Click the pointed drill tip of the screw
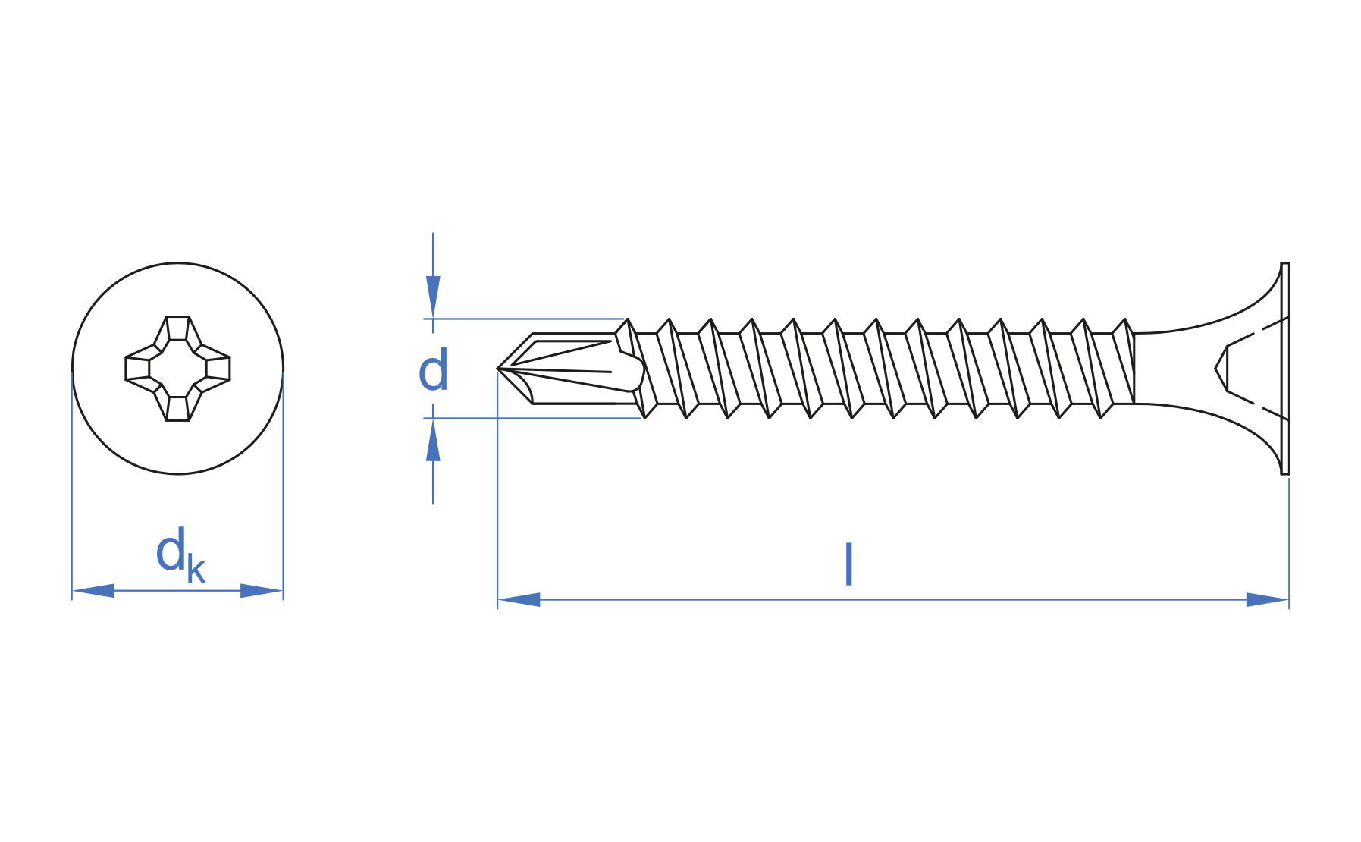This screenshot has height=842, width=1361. coord(497,369)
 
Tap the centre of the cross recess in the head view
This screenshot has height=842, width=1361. coord(177,369)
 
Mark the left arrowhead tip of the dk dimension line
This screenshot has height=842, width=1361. coord(73,591)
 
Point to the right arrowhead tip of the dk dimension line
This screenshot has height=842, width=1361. coord(283,591)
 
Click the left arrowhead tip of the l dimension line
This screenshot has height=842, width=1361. coord(498,600)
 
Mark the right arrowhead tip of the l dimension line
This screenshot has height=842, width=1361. coord(1288,600)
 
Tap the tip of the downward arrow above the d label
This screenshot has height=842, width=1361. coord(433,319)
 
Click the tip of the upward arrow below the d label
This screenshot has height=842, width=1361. coord(433,419)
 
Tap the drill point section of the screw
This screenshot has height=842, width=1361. coord(570,369)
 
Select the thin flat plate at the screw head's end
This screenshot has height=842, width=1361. coord(1285,369)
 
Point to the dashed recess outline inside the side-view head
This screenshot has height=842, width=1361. coord(1251,369)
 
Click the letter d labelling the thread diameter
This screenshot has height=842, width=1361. coord(434,371)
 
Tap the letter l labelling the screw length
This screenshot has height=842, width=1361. coord(849,564)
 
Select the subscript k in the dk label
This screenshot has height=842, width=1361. coord(196,569)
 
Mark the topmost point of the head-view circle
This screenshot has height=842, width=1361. coord(177,263)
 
